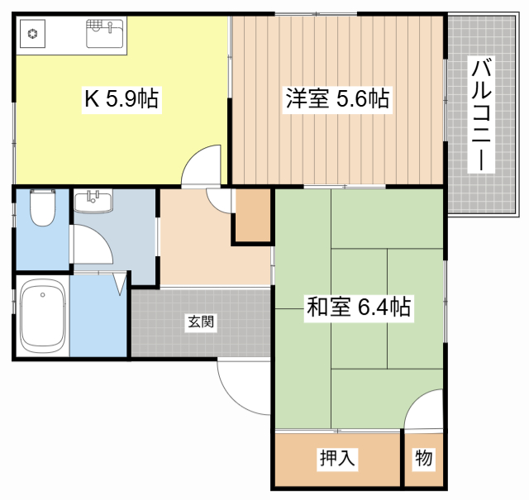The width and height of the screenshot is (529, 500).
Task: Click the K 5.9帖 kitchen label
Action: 122,99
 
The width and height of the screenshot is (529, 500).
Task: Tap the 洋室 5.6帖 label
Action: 337,99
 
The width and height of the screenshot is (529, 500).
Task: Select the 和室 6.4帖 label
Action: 359,307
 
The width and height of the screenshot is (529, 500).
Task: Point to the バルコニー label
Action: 481,115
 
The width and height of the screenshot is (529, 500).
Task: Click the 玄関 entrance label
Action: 201,321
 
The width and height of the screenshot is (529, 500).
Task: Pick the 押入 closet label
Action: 337,458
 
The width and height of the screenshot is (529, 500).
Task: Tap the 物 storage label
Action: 424,458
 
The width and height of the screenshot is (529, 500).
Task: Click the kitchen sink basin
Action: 105,33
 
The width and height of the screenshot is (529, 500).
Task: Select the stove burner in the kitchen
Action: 33,34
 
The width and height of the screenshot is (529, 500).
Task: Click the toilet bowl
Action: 43,207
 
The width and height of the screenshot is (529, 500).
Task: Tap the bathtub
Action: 42,316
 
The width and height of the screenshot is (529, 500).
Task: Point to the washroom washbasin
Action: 93,201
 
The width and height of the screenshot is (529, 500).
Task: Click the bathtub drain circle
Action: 42,295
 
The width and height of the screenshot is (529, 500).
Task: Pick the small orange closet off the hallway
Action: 253,215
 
